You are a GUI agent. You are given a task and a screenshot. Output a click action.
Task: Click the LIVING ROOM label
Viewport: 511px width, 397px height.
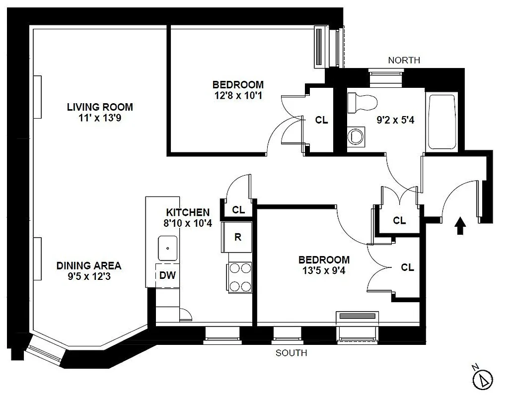[x=100, y=107]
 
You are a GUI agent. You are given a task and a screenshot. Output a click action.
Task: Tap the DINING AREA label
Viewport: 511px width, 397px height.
[x=88, y=265]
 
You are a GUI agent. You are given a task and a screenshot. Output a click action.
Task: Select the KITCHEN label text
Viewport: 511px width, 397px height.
[x=188, y=212]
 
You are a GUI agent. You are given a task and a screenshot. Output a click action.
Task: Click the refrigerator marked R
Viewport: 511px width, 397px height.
[x=238, y=237]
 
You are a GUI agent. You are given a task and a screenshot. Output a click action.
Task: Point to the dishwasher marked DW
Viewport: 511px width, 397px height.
[x=167, y=275]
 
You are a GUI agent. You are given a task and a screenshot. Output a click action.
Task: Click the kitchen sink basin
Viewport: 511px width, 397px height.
[x=168, y=248]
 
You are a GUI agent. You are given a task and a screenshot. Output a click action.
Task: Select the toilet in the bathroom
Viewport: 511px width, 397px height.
[x=362, y=102]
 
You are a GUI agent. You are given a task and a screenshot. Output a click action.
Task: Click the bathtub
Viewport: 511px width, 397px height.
[x=441, y=122]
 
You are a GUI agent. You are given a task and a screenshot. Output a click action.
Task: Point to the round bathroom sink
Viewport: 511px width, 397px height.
[x=356, y=135]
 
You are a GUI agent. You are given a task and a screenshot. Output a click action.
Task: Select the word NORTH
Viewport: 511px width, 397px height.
[x=404, y=60]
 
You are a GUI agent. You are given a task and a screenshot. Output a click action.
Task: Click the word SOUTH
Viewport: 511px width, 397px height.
[x=291, y=353]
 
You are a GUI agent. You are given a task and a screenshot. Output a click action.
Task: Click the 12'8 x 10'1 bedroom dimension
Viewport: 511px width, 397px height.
[x=238, y=95]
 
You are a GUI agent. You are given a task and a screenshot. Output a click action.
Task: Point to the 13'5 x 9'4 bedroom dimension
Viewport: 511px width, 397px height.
[x=324, y=270]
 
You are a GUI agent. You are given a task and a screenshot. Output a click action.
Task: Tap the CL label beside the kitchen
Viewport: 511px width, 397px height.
[x=238, y=210]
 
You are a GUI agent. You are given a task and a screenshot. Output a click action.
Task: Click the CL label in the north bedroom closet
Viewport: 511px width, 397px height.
[x=322, y=120]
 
